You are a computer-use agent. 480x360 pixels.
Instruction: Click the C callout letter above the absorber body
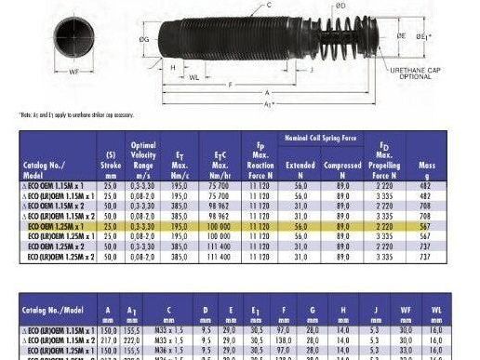click(x=243, y=6)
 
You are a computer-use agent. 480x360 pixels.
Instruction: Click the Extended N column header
click(x=300, y=167)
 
